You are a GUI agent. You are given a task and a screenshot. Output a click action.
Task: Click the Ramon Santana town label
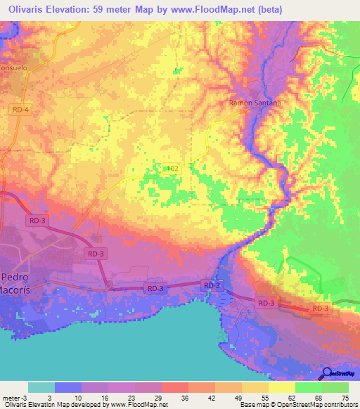pyautogui.click(x=255, y=103)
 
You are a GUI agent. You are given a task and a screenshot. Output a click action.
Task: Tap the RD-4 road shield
pyautogui.click(x=20, y=109)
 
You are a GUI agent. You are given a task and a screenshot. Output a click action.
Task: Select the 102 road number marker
pyautogui.click(x=174, y=169)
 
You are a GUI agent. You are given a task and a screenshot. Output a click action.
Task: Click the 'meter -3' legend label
pyautogui.click(x=14, y=398)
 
